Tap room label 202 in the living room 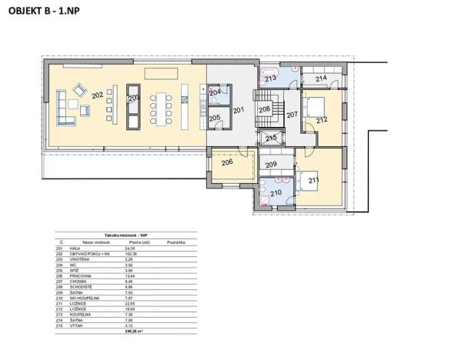point(97,95)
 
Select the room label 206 point(227,162)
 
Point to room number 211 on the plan point(314,181)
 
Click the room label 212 point(321,119)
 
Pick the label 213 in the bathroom point(270,78)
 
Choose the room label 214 point(321,78)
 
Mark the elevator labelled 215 point(271,138)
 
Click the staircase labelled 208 point(264,110)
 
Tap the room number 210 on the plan point(275,192)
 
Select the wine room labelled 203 point(133,98)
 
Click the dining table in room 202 point(162,108)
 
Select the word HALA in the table point(75,248)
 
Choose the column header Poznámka point(175,242)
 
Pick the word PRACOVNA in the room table point(80,275)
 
